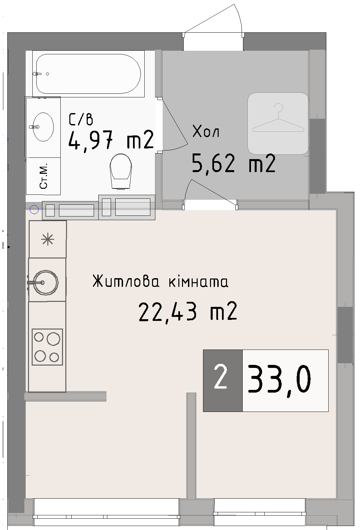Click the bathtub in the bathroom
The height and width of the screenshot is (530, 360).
(x=88, y=74)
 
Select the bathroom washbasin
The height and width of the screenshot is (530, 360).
(x=43, y=127)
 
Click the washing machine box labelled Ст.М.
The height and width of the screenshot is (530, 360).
(x=43, y=176)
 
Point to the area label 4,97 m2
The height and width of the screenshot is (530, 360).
(x=111, y=140)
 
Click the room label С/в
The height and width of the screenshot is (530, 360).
(x=81, y=119)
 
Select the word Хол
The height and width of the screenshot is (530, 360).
(x=206, y=131)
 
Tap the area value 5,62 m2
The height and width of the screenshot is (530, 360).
(x=234, y=163)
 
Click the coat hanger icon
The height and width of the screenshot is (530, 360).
(x=278, y=123)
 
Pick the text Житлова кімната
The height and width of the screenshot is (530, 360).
(x=160, y=282)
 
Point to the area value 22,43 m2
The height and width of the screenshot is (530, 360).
(x=188, y=312)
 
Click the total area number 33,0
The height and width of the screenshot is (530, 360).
(x=279, y=379)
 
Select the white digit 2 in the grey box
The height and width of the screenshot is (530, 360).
(x=221, y=377)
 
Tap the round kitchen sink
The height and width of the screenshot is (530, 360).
(x=45, y=282)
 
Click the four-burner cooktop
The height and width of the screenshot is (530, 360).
(x=47, y=347)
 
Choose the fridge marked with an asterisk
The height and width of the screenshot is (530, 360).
(x=48, y=239)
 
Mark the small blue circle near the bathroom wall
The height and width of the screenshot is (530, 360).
(x=34, y=210)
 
